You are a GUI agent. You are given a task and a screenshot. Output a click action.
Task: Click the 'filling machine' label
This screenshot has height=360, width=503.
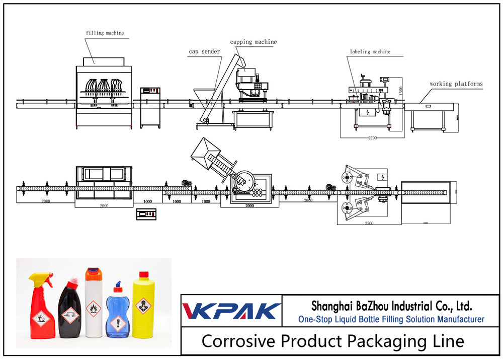point(104,33)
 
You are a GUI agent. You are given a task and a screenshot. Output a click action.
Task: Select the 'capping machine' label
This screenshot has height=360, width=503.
point(253,42)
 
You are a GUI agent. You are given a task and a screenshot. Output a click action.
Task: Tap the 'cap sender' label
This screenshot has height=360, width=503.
point(204,51)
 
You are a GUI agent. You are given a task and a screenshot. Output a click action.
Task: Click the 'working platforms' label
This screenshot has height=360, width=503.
point(456,84)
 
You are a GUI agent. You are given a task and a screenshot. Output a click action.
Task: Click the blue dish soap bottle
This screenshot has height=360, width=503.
point(119,312)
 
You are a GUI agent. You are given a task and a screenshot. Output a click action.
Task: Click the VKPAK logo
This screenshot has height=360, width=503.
point(231,311)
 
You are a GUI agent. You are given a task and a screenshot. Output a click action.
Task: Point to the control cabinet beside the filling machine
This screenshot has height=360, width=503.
point(150,106)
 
